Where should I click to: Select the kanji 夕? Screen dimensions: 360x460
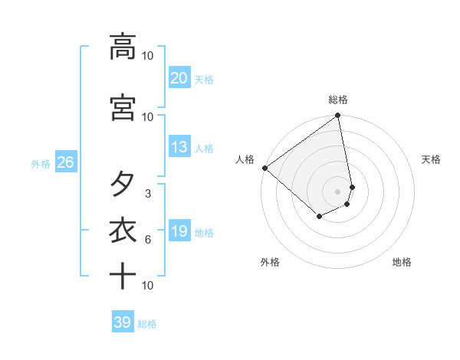[123, 185]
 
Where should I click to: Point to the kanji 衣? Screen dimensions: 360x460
[123, 231]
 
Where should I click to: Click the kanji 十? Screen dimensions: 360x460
[123, 275]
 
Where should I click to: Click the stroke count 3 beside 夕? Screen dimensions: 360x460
[148, 194]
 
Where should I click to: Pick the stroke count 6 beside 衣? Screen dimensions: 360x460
[148, 240]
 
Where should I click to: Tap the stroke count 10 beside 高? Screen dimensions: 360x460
[148, 56]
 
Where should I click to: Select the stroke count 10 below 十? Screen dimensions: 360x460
[148, 286]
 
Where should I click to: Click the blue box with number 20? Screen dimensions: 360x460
[179, 77]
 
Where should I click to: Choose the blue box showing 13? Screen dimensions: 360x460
[179, 147]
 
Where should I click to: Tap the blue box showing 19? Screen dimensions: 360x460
[179, 231]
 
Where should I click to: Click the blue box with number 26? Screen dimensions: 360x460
[65, 162]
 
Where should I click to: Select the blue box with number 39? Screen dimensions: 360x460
[122, 322]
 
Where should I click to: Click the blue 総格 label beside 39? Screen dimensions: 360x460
[147, 324]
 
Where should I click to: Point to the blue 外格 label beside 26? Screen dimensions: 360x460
[41, 163]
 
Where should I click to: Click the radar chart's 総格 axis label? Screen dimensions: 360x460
[338, 100]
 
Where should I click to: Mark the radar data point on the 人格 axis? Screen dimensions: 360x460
[264, 168]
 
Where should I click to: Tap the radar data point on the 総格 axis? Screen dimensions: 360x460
[338, 116]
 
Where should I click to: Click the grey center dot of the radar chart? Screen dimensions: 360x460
[338, 191]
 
